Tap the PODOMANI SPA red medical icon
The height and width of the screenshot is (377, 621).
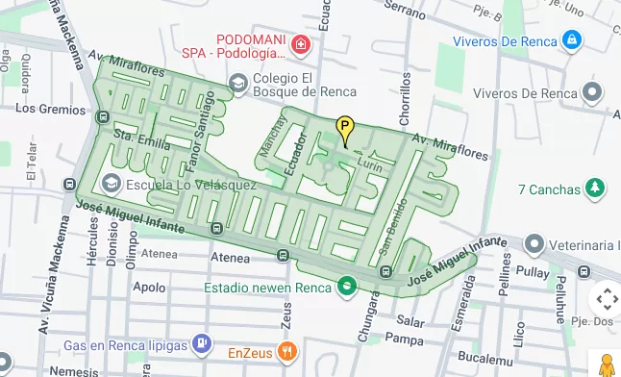click(x=301, y=44)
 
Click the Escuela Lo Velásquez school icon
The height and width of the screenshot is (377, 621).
click(x=112, y=183)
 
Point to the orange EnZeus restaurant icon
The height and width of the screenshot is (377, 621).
click(x=286, y=350)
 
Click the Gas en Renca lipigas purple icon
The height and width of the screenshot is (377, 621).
click(x=200, y=341)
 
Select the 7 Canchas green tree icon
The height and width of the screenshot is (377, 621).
click(x=596, y=188)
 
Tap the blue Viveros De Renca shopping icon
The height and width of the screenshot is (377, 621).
click(x=572, y=40)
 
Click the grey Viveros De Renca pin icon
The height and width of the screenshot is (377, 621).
click(x=594, y=93)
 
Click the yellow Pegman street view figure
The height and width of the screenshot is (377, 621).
click(x=607, y=364)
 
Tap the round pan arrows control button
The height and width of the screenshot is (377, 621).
click(x=605, y=299)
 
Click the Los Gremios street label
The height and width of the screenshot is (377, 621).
click(x=50, y=109)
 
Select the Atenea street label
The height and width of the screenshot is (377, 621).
click(x=159, y=254)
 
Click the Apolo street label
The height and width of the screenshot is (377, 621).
click(x=148, y=287)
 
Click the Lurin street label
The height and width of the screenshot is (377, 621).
click(x=369, y=164)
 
